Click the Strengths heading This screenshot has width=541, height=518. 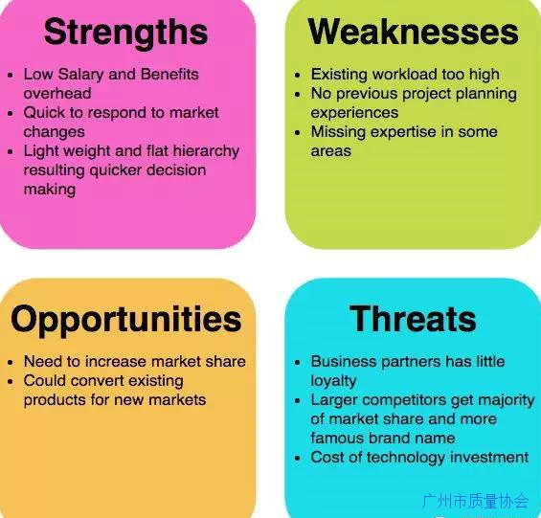126,34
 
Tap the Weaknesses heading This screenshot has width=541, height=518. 414,32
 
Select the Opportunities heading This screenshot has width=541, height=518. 126,321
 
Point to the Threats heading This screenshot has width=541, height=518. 413,319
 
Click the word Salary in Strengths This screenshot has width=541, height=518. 80,75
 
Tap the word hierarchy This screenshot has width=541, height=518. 206,151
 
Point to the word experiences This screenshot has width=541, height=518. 354,113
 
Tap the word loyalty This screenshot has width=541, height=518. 333,381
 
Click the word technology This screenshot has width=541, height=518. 406,458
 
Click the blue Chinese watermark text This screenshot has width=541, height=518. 476,501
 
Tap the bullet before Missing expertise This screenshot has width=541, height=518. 298,132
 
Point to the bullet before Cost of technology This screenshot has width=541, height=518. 298,459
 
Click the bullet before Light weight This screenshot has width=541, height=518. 11,151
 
